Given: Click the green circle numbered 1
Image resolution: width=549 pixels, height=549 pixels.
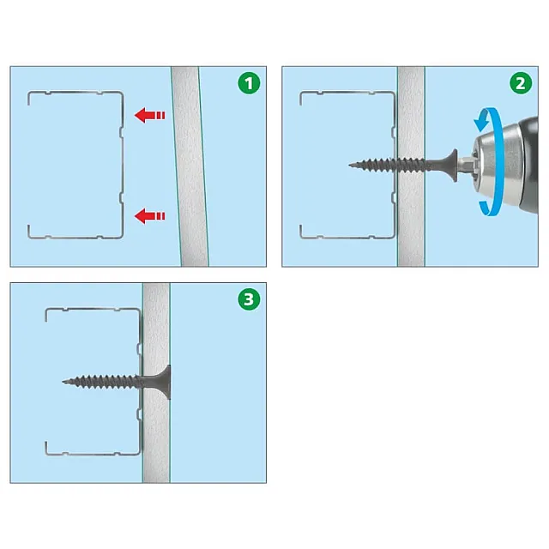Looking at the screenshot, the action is (x=249, y=83).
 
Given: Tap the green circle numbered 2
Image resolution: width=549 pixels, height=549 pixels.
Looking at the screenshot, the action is (x=521, y=83).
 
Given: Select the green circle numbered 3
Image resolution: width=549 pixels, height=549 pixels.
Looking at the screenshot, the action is (x=249, y=299).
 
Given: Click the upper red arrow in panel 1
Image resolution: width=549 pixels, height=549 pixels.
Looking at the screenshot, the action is (x=150, y=115).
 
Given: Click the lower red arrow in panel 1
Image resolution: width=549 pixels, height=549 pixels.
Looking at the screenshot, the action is (x=150, y=216).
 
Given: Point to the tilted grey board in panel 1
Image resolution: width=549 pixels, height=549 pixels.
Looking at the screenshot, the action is (x=190, y=166).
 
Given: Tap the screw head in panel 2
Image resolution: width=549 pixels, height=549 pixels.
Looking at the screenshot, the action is (x=453, y=166).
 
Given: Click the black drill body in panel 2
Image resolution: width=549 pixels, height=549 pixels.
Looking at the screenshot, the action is (x=529, y=164).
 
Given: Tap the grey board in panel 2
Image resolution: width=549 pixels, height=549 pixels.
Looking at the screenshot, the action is (x=411, y=166).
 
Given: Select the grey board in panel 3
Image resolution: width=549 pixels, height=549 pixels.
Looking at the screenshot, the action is (x=156, y=383).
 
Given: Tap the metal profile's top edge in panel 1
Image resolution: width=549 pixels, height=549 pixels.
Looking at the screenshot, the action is (x=75, y=93).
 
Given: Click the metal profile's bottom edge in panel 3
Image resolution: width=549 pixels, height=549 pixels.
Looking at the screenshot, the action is (x=93, y=454).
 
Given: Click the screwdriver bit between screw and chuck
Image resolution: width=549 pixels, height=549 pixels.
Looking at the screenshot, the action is (x=465, y=164).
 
